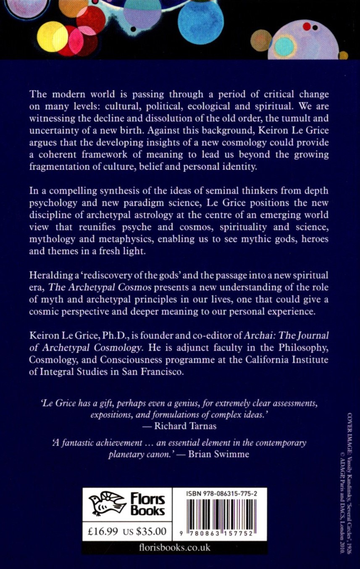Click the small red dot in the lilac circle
point(307,27)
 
